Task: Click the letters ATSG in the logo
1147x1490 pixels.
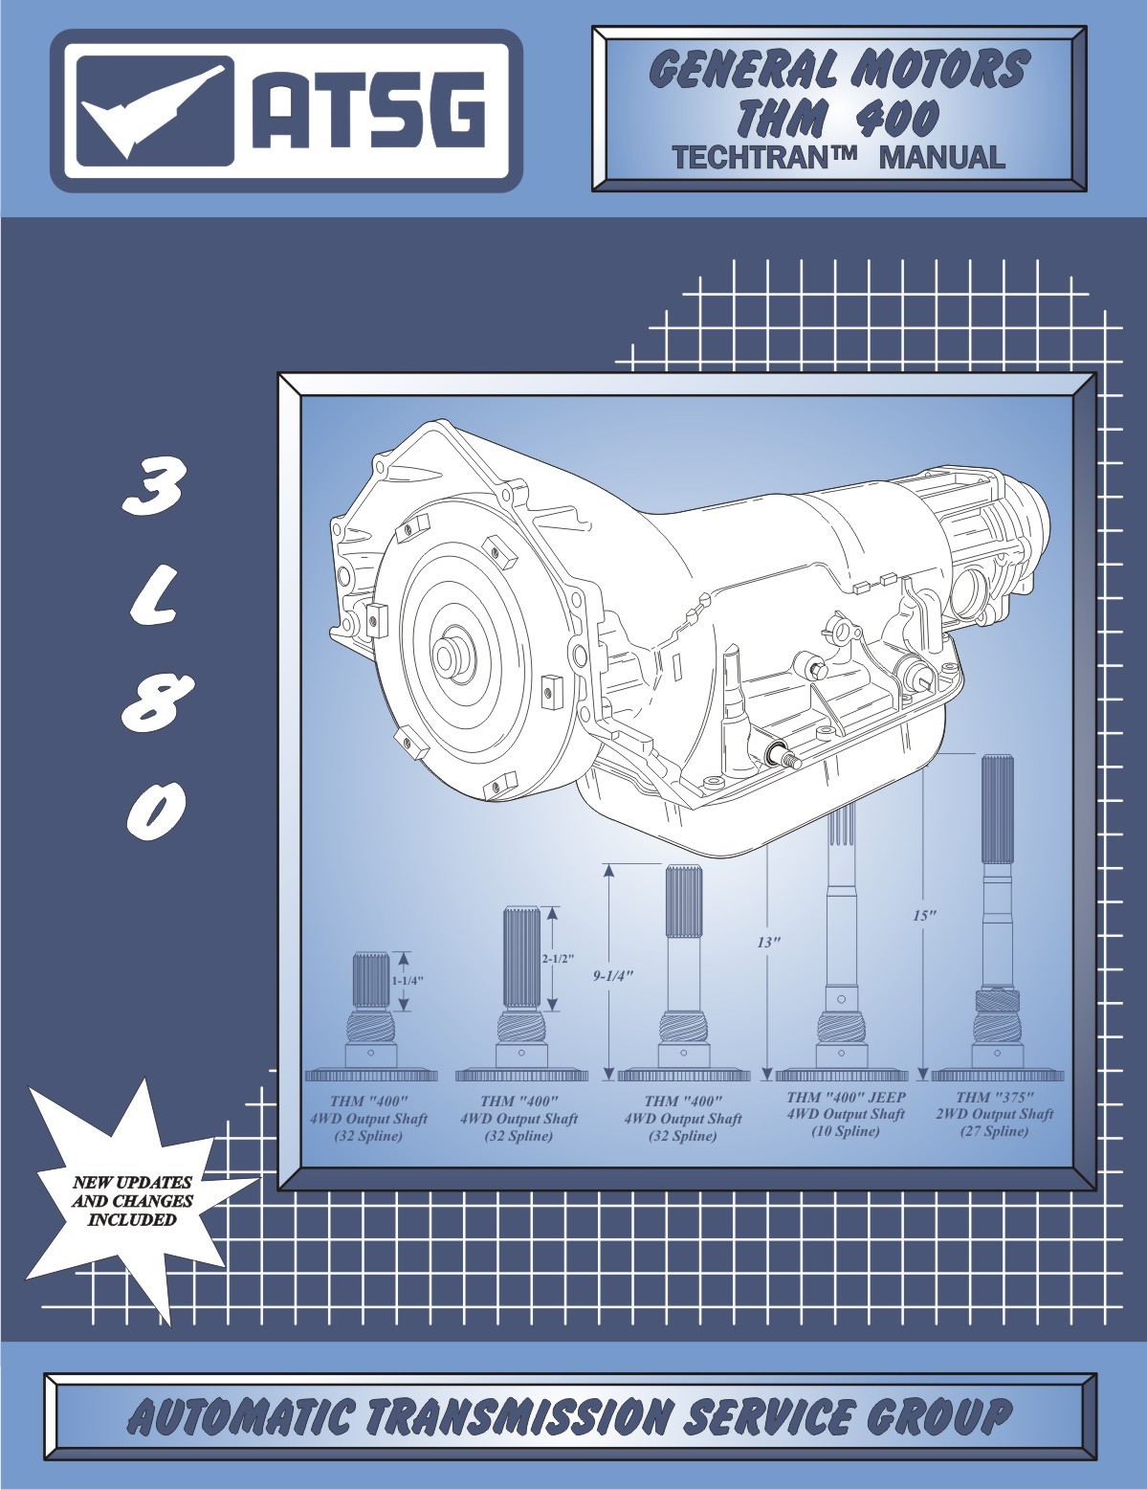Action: point(367,112)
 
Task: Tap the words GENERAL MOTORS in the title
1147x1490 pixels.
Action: point(838,69)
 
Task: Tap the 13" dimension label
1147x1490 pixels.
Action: point(768,942)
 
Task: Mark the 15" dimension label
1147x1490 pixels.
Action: point(923,914)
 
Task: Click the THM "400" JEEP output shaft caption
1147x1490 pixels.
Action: point(846,1114)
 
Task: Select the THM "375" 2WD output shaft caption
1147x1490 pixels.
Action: point(994,1114)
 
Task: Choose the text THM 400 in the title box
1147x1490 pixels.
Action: point(838,117)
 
